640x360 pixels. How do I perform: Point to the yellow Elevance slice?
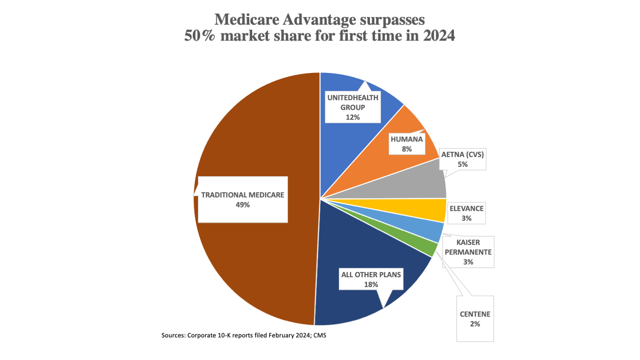[x=431, y=210]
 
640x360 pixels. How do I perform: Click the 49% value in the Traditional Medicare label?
[x=242, y=205]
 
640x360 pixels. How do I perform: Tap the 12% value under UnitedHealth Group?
[x=352, y=117]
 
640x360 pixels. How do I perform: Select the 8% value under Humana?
[x=407, y=149]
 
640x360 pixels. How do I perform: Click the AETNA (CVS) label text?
[x=463, y=154]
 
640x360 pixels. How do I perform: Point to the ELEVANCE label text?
[x=466, y=209]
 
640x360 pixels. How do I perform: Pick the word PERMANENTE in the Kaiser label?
[x=468, y=252]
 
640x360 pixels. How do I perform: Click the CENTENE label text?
[x=475, y=314]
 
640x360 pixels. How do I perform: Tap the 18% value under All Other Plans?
[x=371, y=285]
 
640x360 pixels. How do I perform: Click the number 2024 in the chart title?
[x=439, y=36]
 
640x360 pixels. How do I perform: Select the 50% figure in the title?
[x=200, y=36]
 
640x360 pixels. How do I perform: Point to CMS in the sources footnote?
[x=320, y=335]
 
